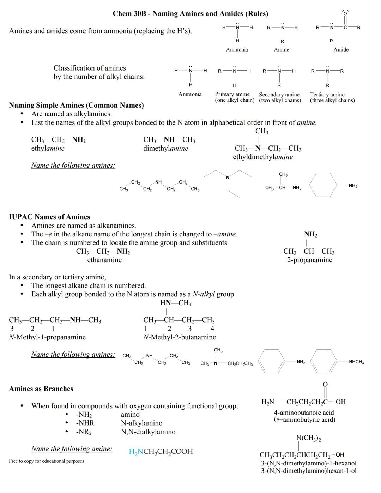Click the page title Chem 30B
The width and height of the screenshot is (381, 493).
190,14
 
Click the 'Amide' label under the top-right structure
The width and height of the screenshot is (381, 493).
341,50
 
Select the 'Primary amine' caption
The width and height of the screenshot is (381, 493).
232,94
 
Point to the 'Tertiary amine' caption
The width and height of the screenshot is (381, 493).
327,94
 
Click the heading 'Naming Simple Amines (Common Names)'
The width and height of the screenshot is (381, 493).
76,105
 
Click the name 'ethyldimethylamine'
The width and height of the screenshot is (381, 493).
263,157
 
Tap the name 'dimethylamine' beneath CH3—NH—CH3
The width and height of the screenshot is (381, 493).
166,149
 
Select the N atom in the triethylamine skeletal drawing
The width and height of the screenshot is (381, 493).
228,177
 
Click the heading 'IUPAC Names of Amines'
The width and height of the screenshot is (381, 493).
49,217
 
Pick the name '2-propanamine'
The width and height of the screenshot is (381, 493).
309,260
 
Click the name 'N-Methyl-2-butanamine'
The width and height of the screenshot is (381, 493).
180,337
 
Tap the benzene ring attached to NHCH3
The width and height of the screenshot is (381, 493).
326,362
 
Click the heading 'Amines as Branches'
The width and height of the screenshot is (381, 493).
41,389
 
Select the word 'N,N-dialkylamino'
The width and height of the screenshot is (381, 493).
148,432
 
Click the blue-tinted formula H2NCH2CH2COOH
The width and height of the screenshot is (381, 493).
161,451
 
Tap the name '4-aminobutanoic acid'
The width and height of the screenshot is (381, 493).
304,413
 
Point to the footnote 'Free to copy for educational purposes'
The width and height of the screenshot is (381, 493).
47,461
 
